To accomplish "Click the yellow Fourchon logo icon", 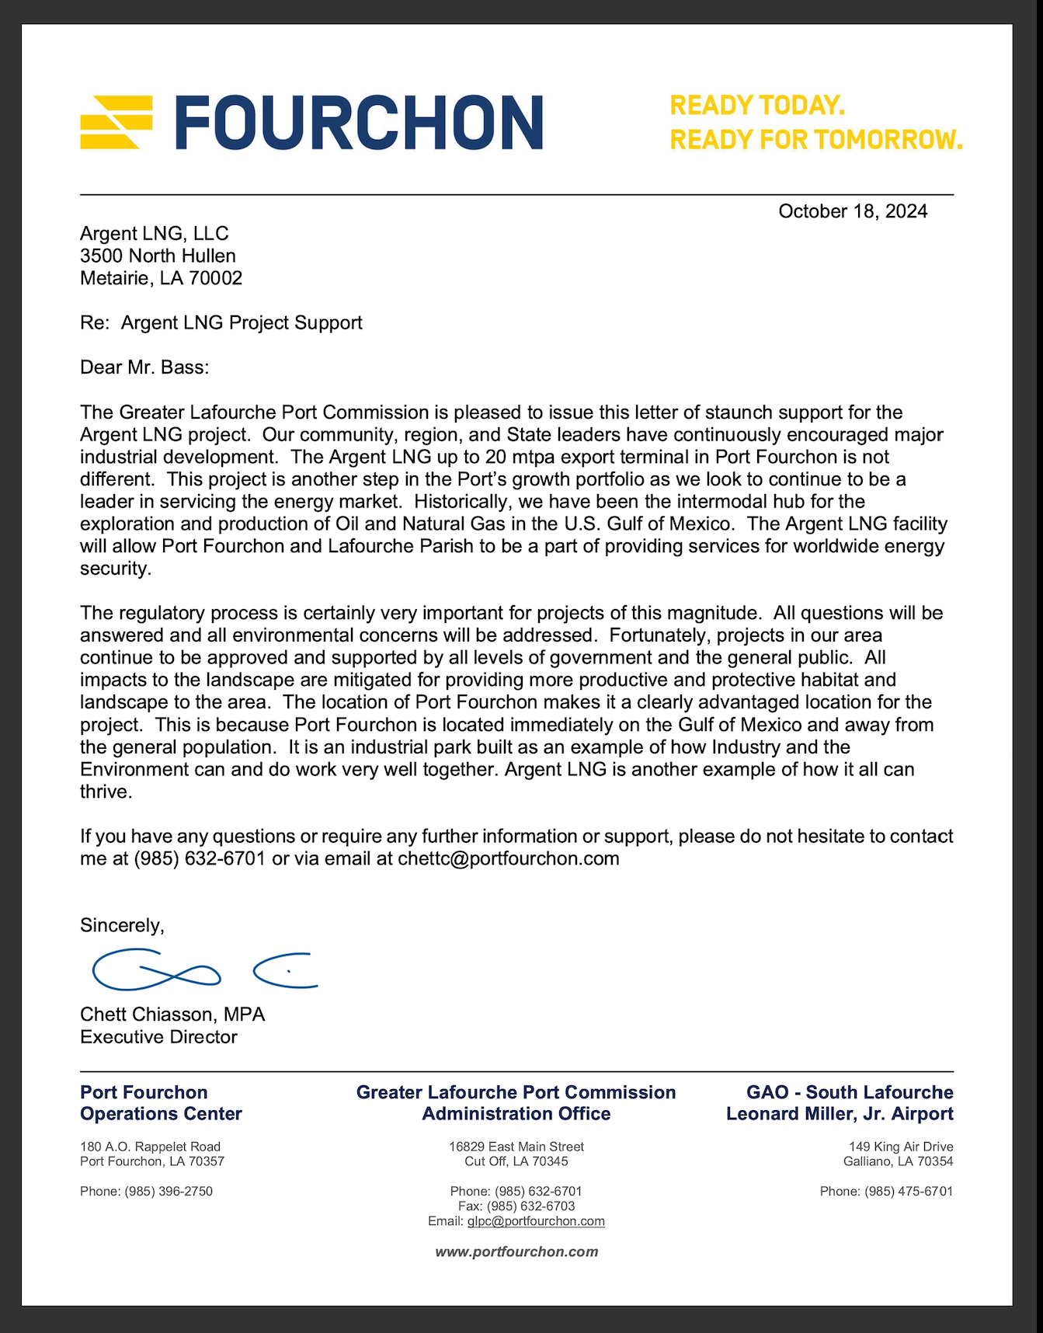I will [116, 122].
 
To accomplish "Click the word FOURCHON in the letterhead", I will [359, 122].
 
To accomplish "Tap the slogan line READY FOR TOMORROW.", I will [815, 140].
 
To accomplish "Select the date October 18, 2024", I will [852, 211].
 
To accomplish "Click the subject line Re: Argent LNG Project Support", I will [221, 322].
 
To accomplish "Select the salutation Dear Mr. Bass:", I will [144, 367].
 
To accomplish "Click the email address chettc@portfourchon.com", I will [509, 858].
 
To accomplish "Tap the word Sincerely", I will [121, 925].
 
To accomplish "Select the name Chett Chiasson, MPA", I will [172, 1015].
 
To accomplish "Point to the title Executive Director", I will [158, 1037].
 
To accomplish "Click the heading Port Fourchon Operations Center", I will [161, 1103].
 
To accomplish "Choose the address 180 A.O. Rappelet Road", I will [150, 1147].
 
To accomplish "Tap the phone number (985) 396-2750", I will [169, 1192].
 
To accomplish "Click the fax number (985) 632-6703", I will [530, 1206].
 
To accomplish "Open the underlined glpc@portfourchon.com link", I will [536, 1221].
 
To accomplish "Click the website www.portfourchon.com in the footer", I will [516, 1251].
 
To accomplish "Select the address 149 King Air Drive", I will [901, 1147].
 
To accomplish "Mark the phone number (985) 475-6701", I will [909, 1192].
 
